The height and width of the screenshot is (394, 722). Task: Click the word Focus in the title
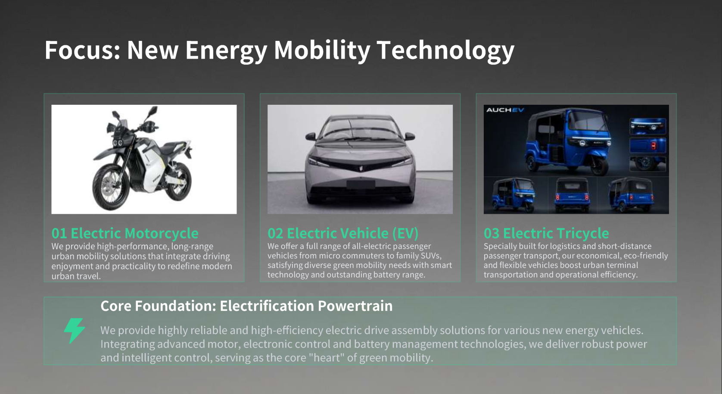(82, 50)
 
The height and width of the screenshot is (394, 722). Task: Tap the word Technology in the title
(445, 51)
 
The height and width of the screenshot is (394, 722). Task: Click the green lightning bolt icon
(75, 331)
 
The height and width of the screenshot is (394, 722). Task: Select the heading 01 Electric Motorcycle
(125, 233)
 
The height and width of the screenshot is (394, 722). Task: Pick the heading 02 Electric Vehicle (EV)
(342, 233)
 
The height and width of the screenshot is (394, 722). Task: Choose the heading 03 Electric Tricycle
(546, 233)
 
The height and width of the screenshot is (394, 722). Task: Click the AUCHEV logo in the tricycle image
(505, 110)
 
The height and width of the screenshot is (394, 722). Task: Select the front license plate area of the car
(361, 184)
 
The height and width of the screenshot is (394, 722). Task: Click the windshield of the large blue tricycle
(588, 124)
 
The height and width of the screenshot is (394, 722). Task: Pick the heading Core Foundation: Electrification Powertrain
(246, 306)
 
